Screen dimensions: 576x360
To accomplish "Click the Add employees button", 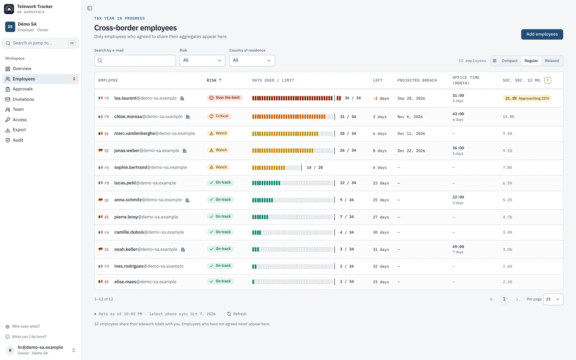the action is pyautogui.click(x=542, y=34).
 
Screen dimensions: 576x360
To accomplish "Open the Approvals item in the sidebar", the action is pyautogui.click(x=23, y=89).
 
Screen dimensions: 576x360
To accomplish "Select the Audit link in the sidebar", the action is pyautogui.click(x=18, y=140).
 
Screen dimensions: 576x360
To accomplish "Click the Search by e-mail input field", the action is pyautogui.click(x=135, y=60).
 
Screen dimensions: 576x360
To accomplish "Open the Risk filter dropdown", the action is pyautogui.click(x=202, y=60).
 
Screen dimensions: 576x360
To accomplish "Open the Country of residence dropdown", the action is pyautogui.click(x=252, y=60).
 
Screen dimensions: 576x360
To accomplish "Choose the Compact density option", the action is pyautogui.click(x=509, y=61).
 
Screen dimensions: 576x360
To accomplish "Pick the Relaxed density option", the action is pyautogui.click(x=552, y=61).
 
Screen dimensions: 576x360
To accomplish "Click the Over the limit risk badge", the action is pyautogui.click(x=225, y=98).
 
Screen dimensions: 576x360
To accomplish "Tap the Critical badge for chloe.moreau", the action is pyautogui.click(x=219, y=116).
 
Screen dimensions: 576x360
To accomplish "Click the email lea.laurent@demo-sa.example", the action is pyautogui.click(x=145, y=98).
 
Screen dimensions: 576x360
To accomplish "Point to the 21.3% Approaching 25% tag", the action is pyautogui.click(x=527, y=98).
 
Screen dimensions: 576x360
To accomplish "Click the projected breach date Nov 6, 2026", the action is pyautogui.click(x=410, y=117).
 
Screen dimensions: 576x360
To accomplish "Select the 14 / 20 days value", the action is pyautogui.click(x=315, y=167).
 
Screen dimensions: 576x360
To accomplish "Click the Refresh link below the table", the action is pyautogui.click(x=237, y=314).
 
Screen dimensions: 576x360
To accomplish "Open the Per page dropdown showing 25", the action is pyautogui.click(x=553, y=299).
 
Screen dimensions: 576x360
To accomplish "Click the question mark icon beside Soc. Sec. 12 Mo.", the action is pyautogui.click(x=548, y=81).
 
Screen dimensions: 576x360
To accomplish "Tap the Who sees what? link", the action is pyautogui.click(x=26, y=326).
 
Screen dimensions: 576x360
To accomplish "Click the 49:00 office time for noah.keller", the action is pyautogui.click(x=458, y=247).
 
